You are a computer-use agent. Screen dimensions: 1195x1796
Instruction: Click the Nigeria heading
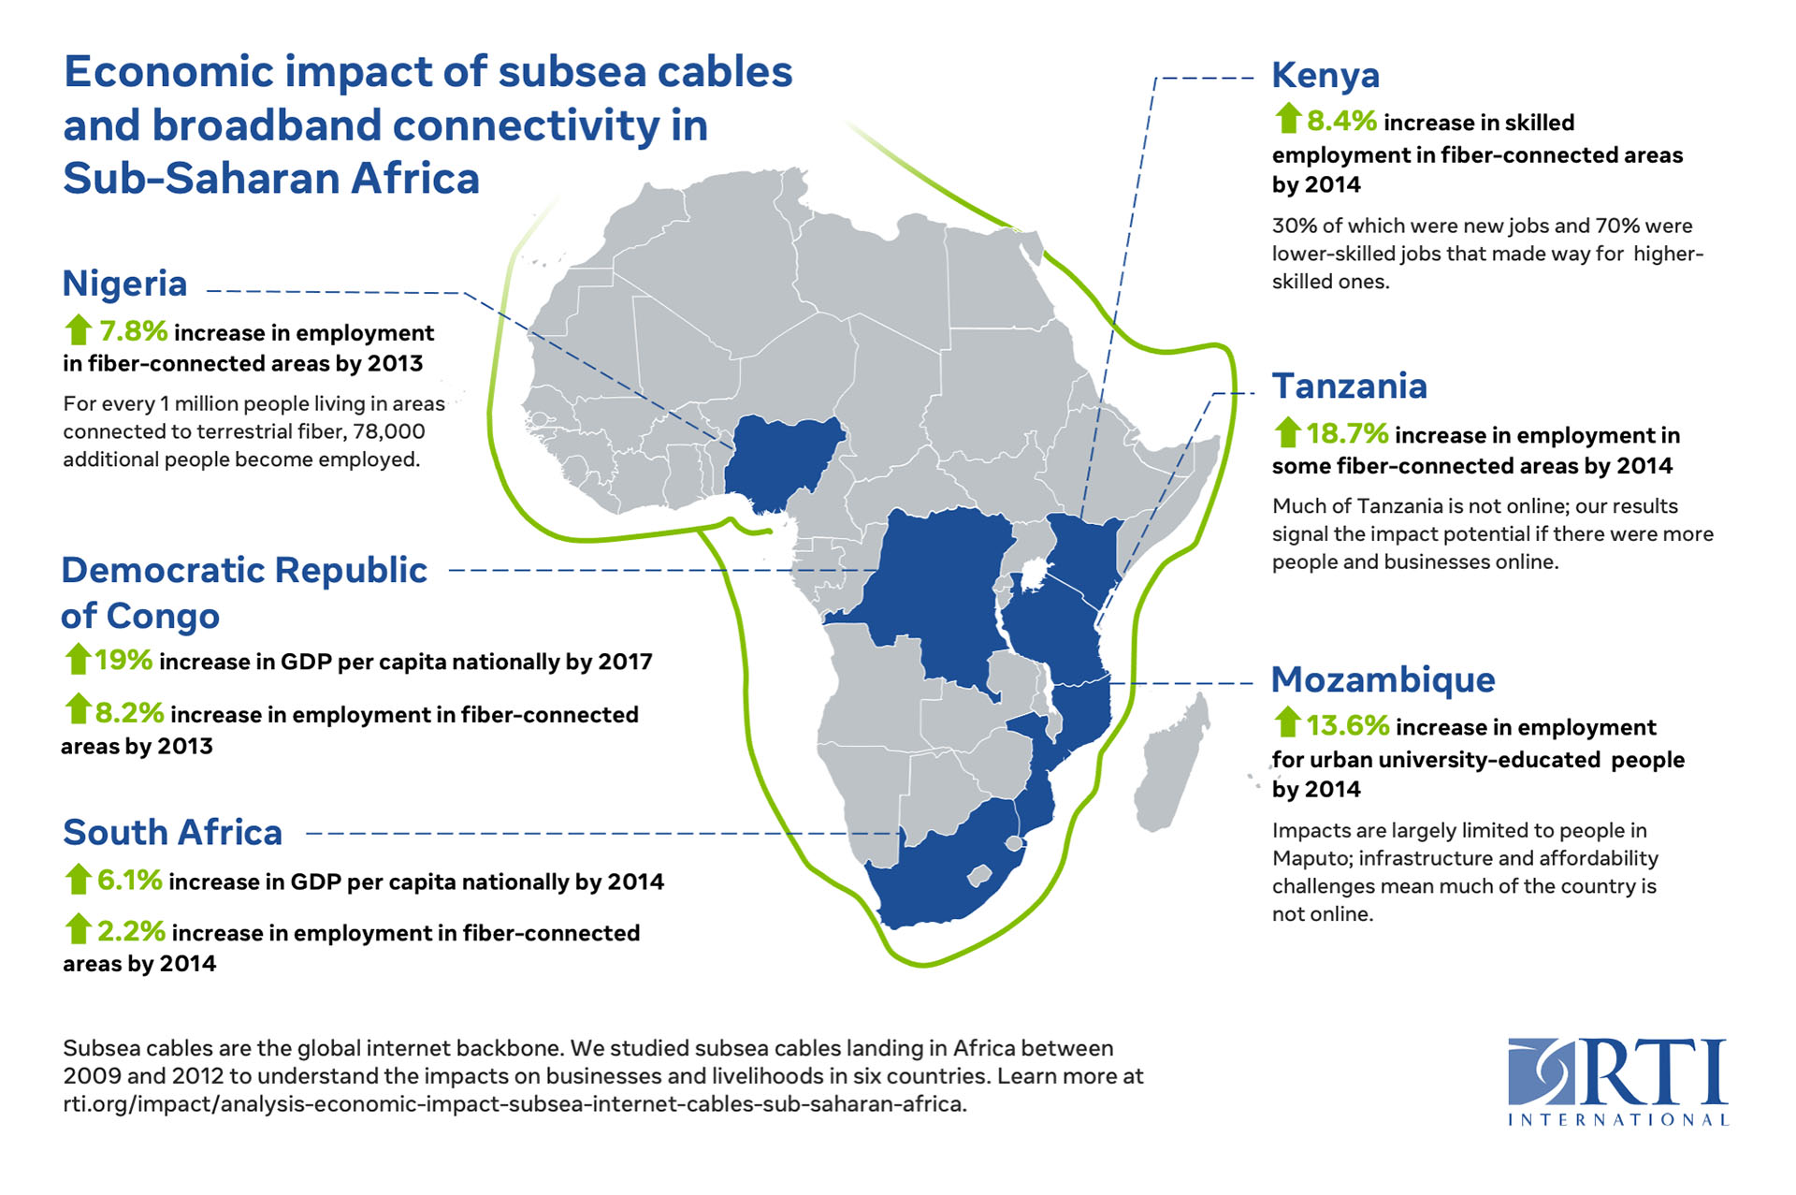124,284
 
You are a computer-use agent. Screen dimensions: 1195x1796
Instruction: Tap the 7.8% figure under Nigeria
134,331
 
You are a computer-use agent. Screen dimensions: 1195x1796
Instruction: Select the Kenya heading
1325,76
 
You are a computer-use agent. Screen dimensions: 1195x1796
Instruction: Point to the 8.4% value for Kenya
1341,121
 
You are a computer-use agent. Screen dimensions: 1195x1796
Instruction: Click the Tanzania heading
1349,386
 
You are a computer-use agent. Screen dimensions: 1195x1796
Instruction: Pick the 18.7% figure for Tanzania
1347,433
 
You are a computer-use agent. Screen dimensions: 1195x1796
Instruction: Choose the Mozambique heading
1383,679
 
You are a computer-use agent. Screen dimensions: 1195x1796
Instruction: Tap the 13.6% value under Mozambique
1347,725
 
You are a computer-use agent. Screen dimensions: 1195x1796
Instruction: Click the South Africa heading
172,832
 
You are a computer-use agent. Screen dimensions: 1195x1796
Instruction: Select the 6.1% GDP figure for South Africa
130,881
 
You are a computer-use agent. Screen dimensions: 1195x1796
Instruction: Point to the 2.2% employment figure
131,931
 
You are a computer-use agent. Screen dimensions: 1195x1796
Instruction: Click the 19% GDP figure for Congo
123,660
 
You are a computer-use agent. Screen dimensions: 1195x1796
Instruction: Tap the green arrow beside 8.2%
77,709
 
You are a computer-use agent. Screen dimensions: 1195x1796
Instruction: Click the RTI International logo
1617,1081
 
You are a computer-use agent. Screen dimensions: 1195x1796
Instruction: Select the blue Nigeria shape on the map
781,459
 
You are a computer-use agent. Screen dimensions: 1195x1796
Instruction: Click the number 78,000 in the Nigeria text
388,431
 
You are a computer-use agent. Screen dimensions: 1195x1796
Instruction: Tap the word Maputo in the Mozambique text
1311,858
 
